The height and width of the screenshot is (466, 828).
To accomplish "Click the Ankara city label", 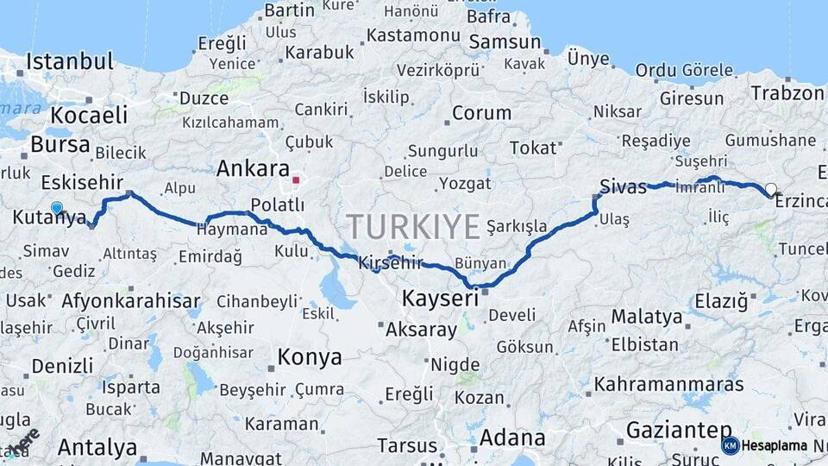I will tap(253, 168).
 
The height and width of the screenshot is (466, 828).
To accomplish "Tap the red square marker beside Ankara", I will tap(296, 180).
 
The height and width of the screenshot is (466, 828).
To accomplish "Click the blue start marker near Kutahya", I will tap(57, 207).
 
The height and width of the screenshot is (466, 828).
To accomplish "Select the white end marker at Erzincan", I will tap(770, 189).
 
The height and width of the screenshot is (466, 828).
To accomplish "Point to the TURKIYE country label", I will tap(413, 227).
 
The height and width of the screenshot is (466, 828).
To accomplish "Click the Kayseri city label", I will tap(440, 299).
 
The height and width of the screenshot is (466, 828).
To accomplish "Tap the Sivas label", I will tap(624, 186).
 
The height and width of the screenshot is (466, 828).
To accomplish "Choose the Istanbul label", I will tap(70, 61).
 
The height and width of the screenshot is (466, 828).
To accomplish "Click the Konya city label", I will tap(309, 356).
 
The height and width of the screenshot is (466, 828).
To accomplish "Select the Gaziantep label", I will tap(680, 429).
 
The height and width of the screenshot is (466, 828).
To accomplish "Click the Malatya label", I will tap(647, 316).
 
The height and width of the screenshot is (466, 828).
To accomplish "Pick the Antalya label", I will tap(98, 447).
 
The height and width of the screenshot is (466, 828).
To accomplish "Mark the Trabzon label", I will tap(787, 92).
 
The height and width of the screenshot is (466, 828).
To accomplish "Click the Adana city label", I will tap(512, 438).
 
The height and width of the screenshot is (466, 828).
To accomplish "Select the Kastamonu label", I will tap(413, 35).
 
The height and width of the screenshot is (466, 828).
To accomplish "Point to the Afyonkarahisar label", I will tap(131, 301).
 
